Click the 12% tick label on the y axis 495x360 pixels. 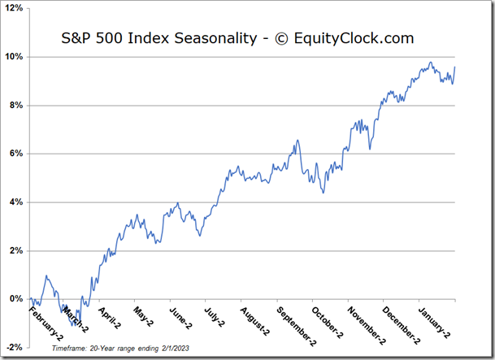click(15, 9)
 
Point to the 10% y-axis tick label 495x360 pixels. click(15, 57)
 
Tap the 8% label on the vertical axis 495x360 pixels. click(17, 106)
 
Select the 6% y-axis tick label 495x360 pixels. click(17, 154)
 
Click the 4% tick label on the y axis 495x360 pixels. click(17, 202)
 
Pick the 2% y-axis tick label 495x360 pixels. click(17, 250)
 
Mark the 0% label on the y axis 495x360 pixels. click(17, 299)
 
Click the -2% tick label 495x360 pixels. click(15, 347)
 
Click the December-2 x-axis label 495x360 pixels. click(395, 322)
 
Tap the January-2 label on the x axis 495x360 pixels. click(432, 319)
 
